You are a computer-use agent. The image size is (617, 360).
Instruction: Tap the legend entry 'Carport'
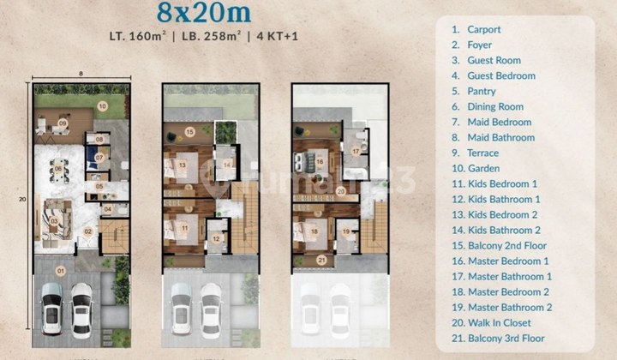(484, 29)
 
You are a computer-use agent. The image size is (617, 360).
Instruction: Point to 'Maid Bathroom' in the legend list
(500, 137)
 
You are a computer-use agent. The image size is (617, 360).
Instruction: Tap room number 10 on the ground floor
(101, 106)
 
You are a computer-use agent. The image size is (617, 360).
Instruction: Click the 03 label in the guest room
(53, 222)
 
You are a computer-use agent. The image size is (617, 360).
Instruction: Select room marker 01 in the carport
(60, 272)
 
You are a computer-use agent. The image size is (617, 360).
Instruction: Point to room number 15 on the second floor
(190, 131)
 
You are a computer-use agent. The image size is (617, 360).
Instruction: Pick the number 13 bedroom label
(183, 165)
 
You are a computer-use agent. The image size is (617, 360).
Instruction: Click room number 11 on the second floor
(184, 227)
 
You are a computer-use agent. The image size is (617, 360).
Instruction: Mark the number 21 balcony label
(322, 261)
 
